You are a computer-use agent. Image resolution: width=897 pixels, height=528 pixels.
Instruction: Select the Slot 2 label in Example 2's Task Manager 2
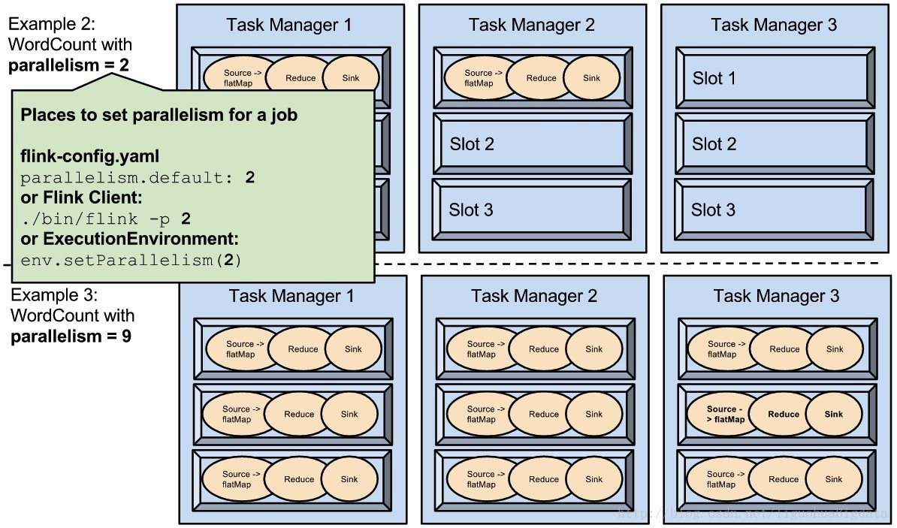(472, 144)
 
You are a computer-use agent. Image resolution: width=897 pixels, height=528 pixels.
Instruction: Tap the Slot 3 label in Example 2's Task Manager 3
(714, 210)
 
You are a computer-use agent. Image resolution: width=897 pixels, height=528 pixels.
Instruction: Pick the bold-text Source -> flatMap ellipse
(726, 414)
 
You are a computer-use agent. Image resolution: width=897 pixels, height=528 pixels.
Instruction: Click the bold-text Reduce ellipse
(784, 414)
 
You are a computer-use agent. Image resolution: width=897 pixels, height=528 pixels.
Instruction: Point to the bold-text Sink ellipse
(834, 414)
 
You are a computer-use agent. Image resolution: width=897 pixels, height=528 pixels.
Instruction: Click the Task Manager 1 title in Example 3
(291, 296)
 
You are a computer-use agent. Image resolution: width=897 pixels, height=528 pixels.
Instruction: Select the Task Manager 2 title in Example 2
(531, 25)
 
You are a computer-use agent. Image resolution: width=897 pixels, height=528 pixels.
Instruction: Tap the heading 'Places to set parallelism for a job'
(159, 116)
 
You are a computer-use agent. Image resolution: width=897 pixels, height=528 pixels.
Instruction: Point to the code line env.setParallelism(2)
(131, 260)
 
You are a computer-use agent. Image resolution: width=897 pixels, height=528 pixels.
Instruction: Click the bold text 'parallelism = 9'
(71, 336)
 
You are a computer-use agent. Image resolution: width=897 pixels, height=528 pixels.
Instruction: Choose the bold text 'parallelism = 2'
(68, 65)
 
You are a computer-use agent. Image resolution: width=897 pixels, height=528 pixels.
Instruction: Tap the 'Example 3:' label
(54, 295)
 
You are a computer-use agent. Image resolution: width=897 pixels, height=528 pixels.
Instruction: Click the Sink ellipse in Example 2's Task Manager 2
(593, 78)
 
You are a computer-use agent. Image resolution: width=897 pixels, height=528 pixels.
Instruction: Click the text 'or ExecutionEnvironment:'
(129, 240)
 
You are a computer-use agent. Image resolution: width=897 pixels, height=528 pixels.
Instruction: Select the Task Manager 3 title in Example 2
(773, 25)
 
